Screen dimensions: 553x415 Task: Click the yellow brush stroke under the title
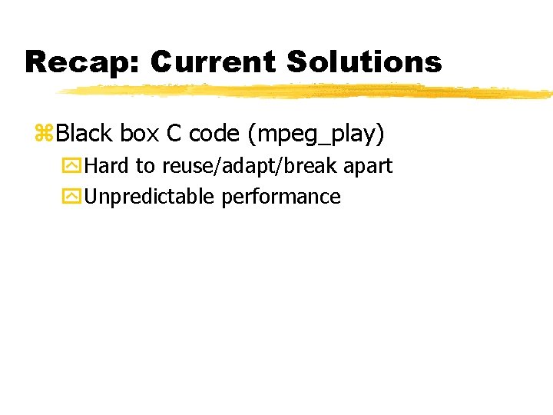tap(307, 92)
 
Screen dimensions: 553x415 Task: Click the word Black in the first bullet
tap(84, 134)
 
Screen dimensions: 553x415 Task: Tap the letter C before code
tap(173, 134)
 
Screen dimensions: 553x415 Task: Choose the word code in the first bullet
tap(214, 134)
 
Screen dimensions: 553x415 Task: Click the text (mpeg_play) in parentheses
tap(315, 134)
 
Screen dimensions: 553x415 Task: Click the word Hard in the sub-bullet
tap(108, 165)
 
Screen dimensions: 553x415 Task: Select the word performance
tap(280, 198)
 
